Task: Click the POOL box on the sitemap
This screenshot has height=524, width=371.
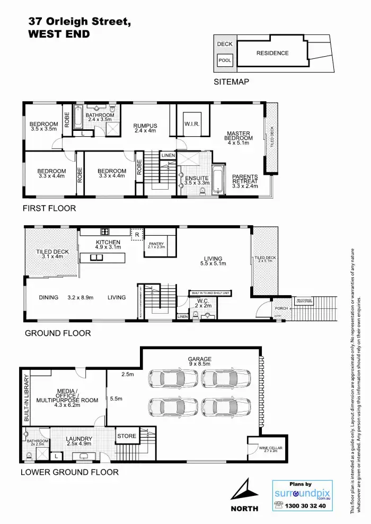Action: (x=225, y=60)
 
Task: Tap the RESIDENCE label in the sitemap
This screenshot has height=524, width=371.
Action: (x=272, y=53)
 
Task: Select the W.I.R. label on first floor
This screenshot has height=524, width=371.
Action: (x=191, y=125)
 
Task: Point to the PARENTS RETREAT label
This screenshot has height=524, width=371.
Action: (x=245, y=181)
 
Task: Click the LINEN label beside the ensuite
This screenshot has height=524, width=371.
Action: (x=168, y=155)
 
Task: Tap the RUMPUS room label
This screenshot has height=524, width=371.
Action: (x=146, y=128)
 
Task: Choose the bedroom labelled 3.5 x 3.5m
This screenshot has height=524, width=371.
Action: (x=43, y=126)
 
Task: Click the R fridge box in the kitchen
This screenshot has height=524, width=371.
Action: (x=137, y=234)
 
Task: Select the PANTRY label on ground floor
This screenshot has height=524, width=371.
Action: (x=156, y=245)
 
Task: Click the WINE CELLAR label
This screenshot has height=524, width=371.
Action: (x=268, y=449)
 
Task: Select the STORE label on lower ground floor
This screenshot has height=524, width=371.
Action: (x=127, y=436)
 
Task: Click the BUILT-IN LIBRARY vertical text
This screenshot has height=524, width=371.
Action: (x=25, y=391)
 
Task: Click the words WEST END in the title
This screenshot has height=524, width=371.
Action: (x=58, y=34)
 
